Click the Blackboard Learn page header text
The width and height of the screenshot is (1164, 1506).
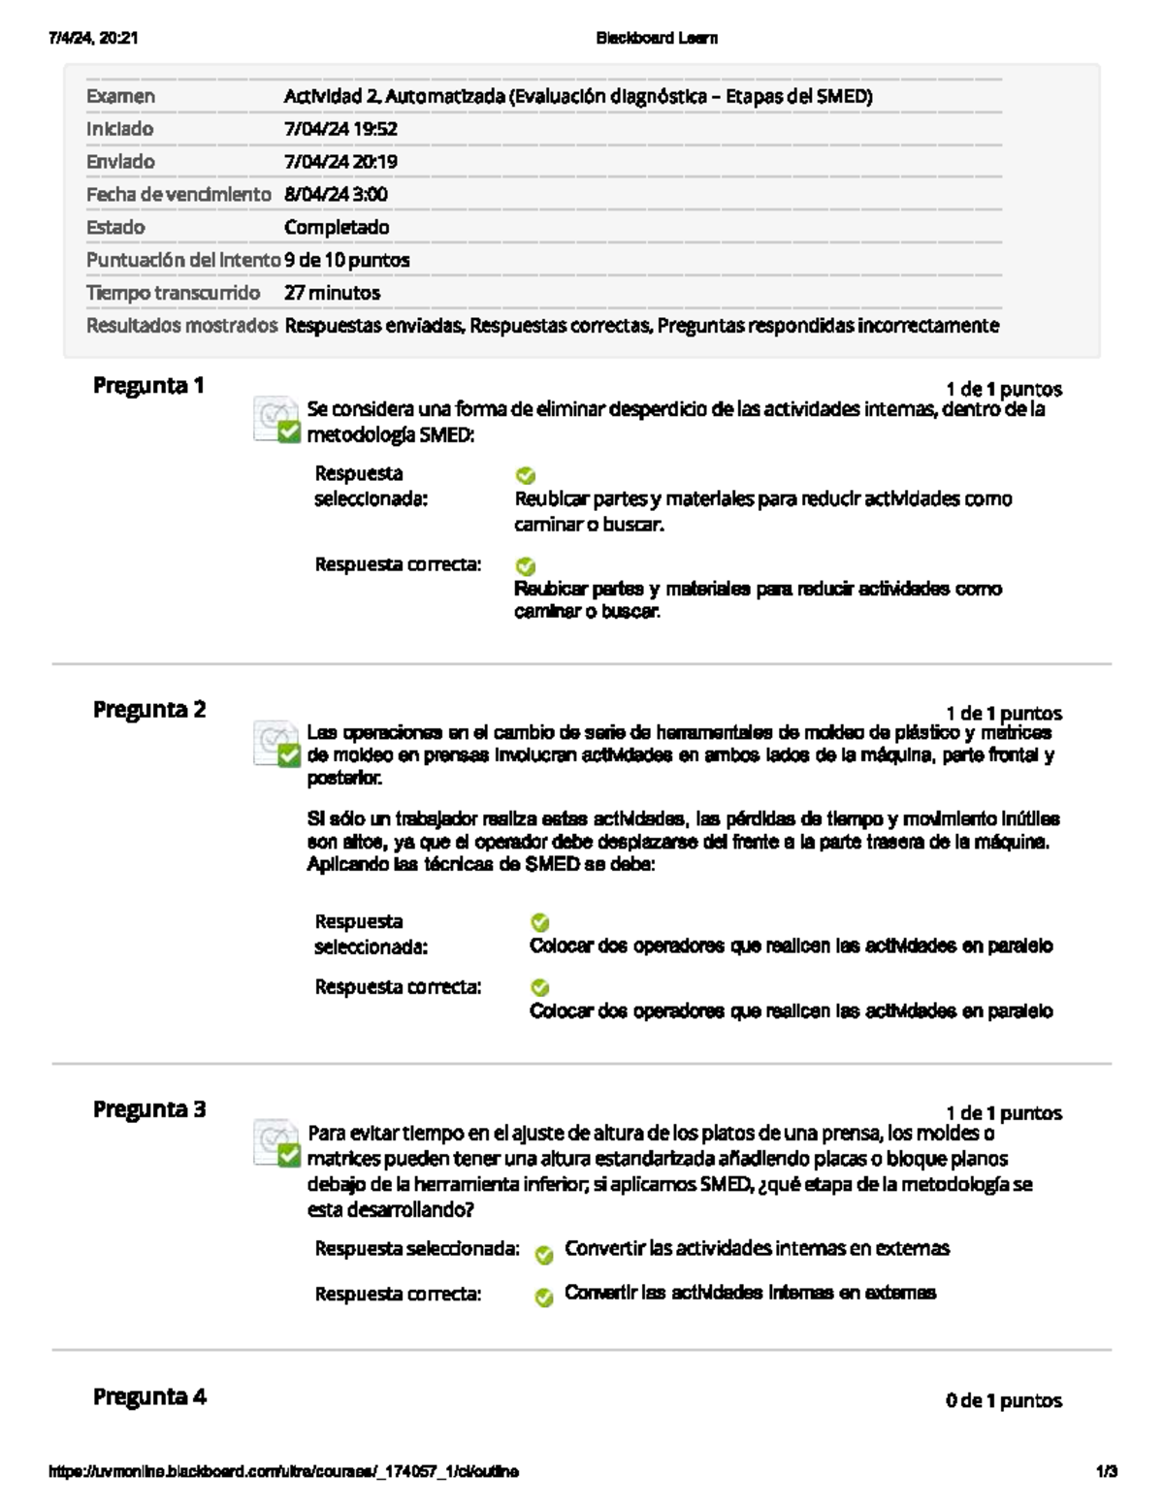[x=657, y=39]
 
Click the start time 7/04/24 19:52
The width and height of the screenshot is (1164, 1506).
[x=340, y=129]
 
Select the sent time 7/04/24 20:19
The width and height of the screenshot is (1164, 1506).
[x=340, y=162]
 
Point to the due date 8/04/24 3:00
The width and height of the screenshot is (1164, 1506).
[x=336, y=195]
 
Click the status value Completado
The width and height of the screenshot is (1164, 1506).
[x=337, y=228]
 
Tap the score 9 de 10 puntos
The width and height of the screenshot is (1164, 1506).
[x=346, y=260]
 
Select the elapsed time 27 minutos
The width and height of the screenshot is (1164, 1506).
[x=332, y=293]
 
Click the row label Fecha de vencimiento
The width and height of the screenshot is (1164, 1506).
[x=178, y=195]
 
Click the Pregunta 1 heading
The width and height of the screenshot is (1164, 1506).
[x=148, y=386]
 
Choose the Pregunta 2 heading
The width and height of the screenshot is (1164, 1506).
[x=149, y=710]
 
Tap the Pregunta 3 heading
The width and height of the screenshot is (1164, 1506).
[x=149, y=1109]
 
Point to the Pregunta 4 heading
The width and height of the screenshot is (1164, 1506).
[x=149, y=1397]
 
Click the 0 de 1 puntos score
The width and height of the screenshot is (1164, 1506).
[x=1003, y=1400]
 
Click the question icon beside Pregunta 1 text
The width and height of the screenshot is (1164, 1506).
[x=276, y=420]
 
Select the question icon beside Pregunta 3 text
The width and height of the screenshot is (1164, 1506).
[x=276, y=1143]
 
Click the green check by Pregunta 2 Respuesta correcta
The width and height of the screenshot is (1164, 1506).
[x=540, y=988]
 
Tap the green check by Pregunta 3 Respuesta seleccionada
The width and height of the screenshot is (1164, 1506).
[x=544, y=1255]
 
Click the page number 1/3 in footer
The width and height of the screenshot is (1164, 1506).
[x=1106, y=1472]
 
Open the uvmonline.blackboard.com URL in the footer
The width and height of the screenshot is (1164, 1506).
[x=283, y=1472]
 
